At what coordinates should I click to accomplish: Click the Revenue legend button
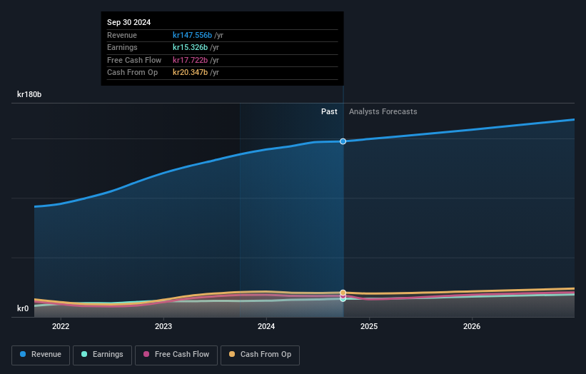41,355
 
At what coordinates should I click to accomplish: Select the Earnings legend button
102,355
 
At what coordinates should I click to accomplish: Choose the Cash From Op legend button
260,355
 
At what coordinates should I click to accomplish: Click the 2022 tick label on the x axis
61,327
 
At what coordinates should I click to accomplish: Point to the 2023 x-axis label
163,327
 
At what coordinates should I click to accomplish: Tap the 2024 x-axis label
266,327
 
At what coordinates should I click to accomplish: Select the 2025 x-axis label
369,327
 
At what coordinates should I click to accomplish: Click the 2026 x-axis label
472,327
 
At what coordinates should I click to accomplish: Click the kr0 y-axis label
23,308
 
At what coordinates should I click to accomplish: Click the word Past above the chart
329,111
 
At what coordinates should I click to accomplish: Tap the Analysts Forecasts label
383,111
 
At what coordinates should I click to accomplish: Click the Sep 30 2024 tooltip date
129,23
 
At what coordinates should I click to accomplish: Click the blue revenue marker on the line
343,141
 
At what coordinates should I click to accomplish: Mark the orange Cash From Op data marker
343,293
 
